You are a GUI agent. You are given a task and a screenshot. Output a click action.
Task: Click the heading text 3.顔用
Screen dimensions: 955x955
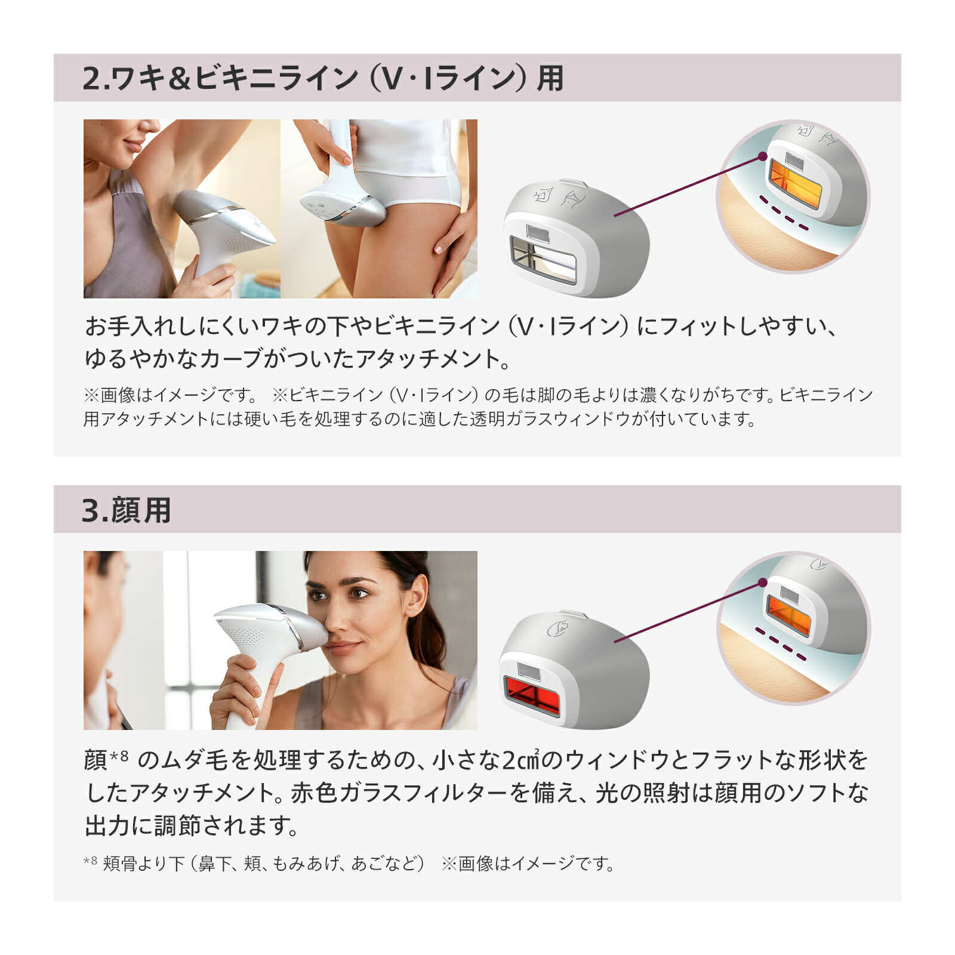tap(127, 510)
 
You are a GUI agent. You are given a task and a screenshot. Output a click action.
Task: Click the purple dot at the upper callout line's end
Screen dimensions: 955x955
tap(762, 156)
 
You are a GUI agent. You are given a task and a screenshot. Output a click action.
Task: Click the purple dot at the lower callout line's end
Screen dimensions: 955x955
tap(762, 583)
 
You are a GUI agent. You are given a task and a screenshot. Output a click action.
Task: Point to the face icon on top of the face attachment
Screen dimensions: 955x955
tap(556, 628)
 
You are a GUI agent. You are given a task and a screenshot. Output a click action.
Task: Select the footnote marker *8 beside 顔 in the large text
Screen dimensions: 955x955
tap(119, 757)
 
